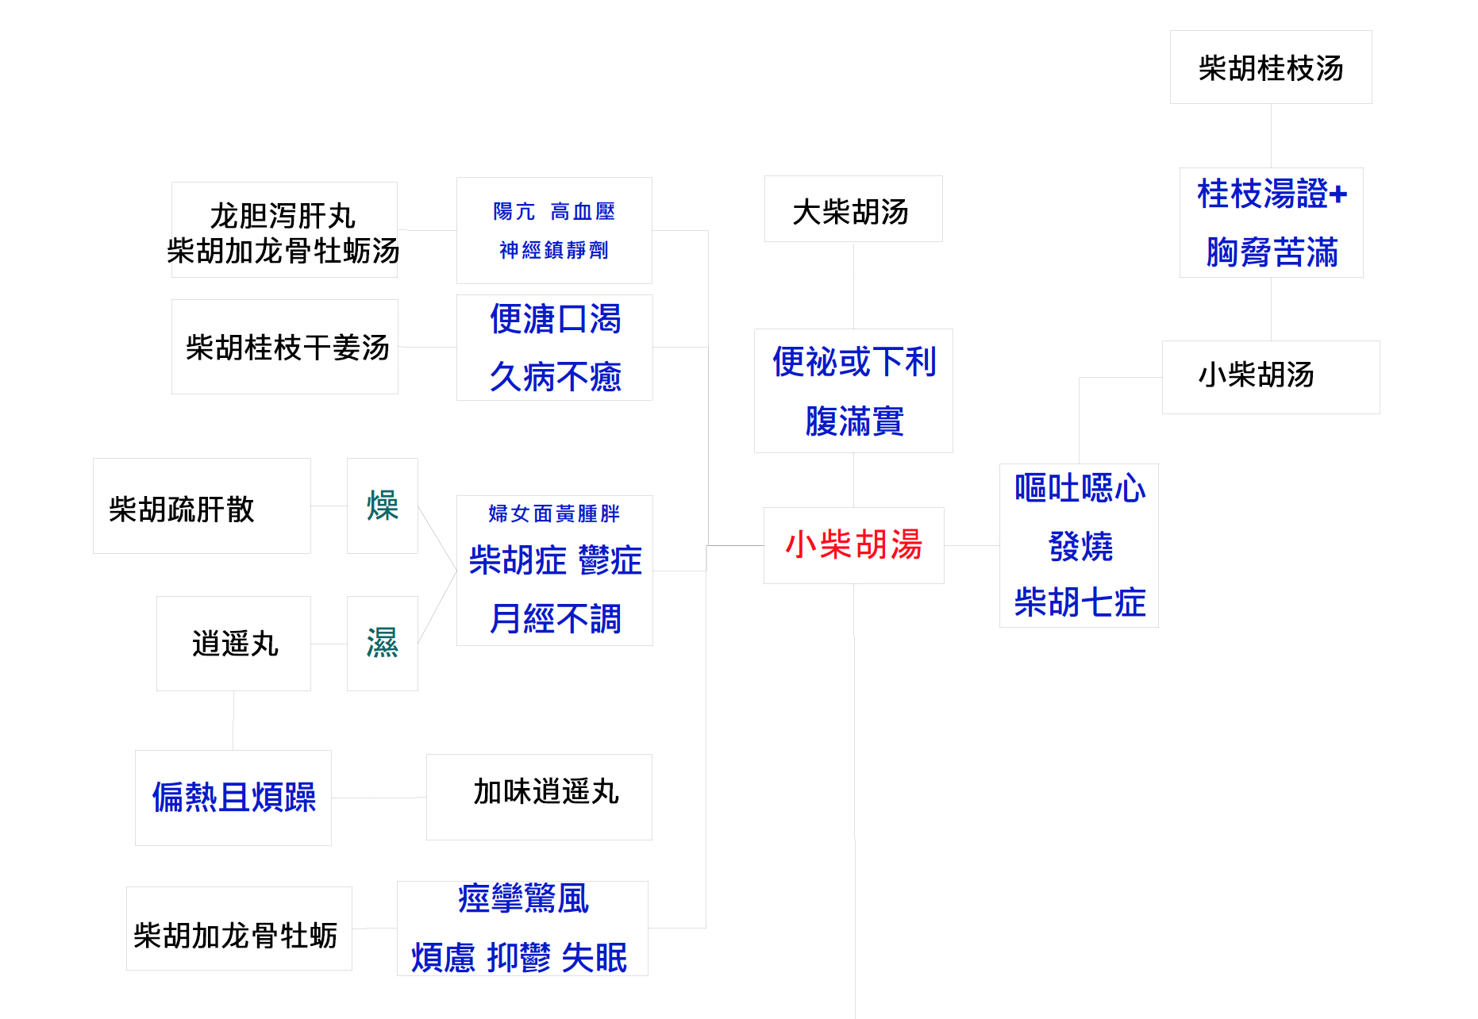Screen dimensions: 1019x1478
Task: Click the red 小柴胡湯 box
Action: [x=853, y=545]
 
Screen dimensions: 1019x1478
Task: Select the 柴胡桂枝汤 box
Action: [x=1270, y=67]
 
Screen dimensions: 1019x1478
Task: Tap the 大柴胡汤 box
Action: [x=853, y=210]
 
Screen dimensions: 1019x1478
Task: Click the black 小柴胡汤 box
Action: [x=1270, y=376]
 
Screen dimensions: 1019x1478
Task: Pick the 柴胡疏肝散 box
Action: [x=201, y=506]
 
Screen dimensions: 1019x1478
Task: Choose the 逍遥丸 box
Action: [x=233, y=644]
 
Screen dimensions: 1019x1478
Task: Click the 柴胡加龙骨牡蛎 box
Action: [x=238, y=929]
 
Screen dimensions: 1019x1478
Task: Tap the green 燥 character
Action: [x=382, y=506]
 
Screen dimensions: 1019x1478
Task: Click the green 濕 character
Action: [x=382, y=643]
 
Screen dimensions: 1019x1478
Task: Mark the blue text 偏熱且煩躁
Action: [x=233, y=797]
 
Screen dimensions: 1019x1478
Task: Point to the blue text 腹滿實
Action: [x=854, y=421]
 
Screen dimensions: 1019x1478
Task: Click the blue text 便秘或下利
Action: [x=854, y=362]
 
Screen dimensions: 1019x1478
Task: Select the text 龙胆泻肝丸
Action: [x=283, y=215]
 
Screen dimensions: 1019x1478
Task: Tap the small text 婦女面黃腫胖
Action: [x=554, y=513]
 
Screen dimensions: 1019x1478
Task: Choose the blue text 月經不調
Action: [x=555, y=618]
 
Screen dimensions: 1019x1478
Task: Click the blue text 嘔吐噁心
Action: [x=1080, y=488]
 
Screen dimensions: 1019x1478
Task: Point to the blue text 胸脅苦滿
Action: [x=1272, y=252]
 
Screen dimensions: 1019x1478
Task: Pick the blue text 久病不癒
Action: [x=555, y=376]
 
